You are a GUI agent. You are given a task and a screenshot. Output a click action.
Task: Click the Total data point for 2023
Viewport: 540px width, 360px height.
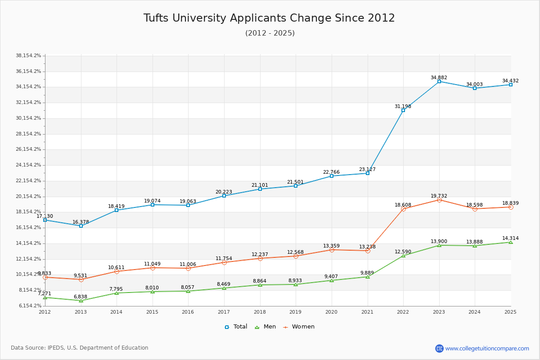[x=439, y=81]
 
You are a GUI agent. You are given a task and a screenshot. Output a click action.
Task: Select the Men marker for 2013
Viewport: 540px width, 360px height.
[x=81, y=300]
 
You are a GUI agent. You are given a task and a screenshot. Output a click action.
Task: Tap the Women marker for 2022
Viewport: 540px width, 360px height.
[x=403, y=209]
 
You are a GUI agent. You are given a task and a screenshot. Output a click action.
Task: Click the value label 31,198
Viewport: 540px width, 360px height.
[x=403, y=107]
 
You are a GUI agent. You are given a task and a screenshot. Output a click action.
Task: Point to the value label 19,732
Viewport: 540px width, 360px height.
[x=439, y=196]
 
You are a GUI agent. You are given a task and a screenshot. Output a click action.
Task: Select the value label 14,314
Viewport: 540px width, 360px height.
[x=510, y=238]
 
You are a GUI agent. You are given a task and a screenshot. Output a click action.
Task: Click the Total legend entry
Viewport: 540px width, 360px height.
[x=236, y=327]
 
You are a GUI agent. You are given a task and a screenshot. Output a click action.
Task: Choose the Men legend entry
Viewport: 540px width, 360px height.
[x=266, y=327]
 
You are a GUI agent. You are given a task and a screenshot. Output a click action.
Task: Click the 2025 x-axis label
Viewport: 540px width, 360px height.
[x=510, y=311]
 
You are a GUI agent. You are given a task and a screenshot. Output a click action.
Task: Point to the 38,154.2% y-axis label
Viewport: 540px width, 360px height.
[x=28, y=56]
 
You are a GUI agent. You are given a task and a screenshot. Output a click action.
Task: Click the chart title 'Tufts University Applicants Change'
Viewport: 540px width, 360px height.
[x=269, y=18]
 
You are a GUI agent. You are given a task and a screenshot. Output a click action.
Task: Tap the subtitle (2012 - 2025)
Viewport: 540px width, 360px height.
[x=270, y=33]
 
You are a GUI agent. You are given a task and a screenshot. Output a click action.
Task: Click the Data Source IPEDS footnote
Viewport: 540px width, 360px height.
[x=80, y=348]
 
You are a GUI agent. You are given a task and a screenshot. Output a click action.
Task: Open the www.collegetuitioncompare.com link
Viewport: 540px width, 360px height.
[x=487, y=348]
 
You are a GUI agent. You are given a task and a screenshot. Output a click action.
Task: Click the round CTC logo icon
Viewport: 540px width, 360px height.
[x=439, y=348]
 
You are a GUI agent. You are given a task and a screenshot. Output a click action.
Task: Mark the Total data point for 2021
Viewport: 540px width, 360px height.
[x=368, y=173]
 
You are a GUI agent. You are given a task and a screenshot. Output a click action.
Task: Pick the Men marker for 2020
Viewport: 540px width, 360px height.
[x=332, y=280]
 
